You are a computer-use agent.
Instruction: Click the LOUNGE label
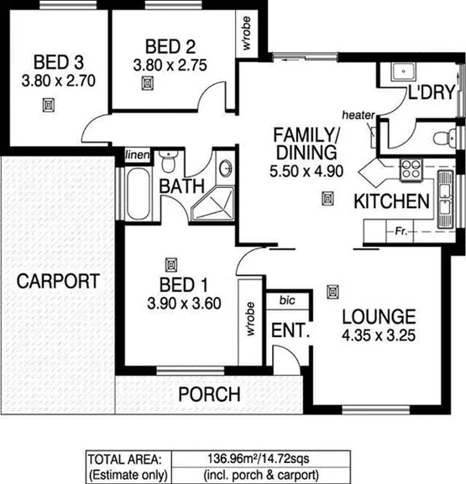(378, 317)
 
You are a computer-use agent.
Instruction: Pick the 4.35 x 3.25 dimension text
(378, 336)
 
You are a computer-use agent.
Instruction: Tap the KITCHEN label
(392, 201)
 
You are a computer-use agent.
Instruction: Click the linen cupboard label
(136, 155)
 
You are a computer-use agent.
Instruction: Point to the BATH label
(179, 185)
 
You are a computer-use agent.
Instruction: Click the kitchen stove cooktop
(411, 169)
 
